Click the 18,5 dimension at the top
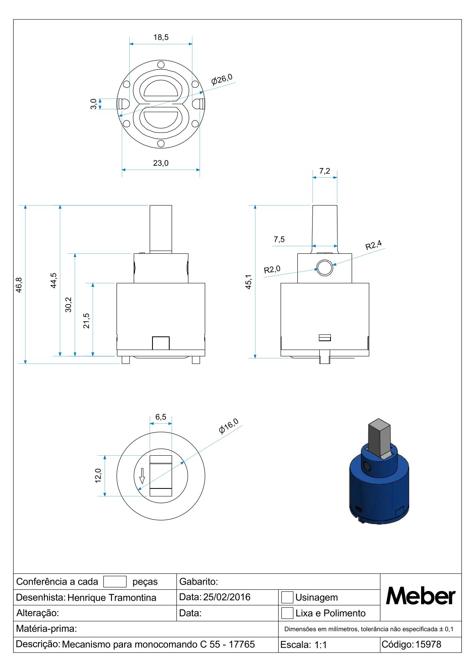(x=161, y=37)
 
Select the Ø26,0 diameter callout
(x=222, y=79)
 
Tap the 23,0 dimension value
(x=161, y=163)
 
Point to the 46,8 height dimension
(x=19, y=285)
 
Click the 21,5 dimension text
(x=87, y=321)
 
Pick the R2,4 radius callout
(x=374, y=245)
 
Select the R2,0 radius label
(x=272, y=269)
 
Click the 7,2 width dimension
(x=325, y=171)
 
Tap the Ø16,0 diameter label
(x=229, y=426)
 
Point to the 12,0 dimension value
(x=98, y=476)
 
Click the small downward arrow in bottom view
(x=142, y=476)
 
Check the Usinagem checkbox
(x=287, y=597)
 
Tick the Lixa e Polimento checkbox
(x=287, y=613)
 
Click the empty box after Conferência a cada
(x=115, y=581)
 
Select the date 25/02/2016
(x=227, y=597)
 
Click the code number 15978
(x=428, y=644)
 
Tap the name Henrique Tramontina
(x=112, y=597)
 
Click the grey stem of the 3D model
(x=379, y=437)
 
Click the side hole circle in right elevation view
(x=325, y=268)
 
